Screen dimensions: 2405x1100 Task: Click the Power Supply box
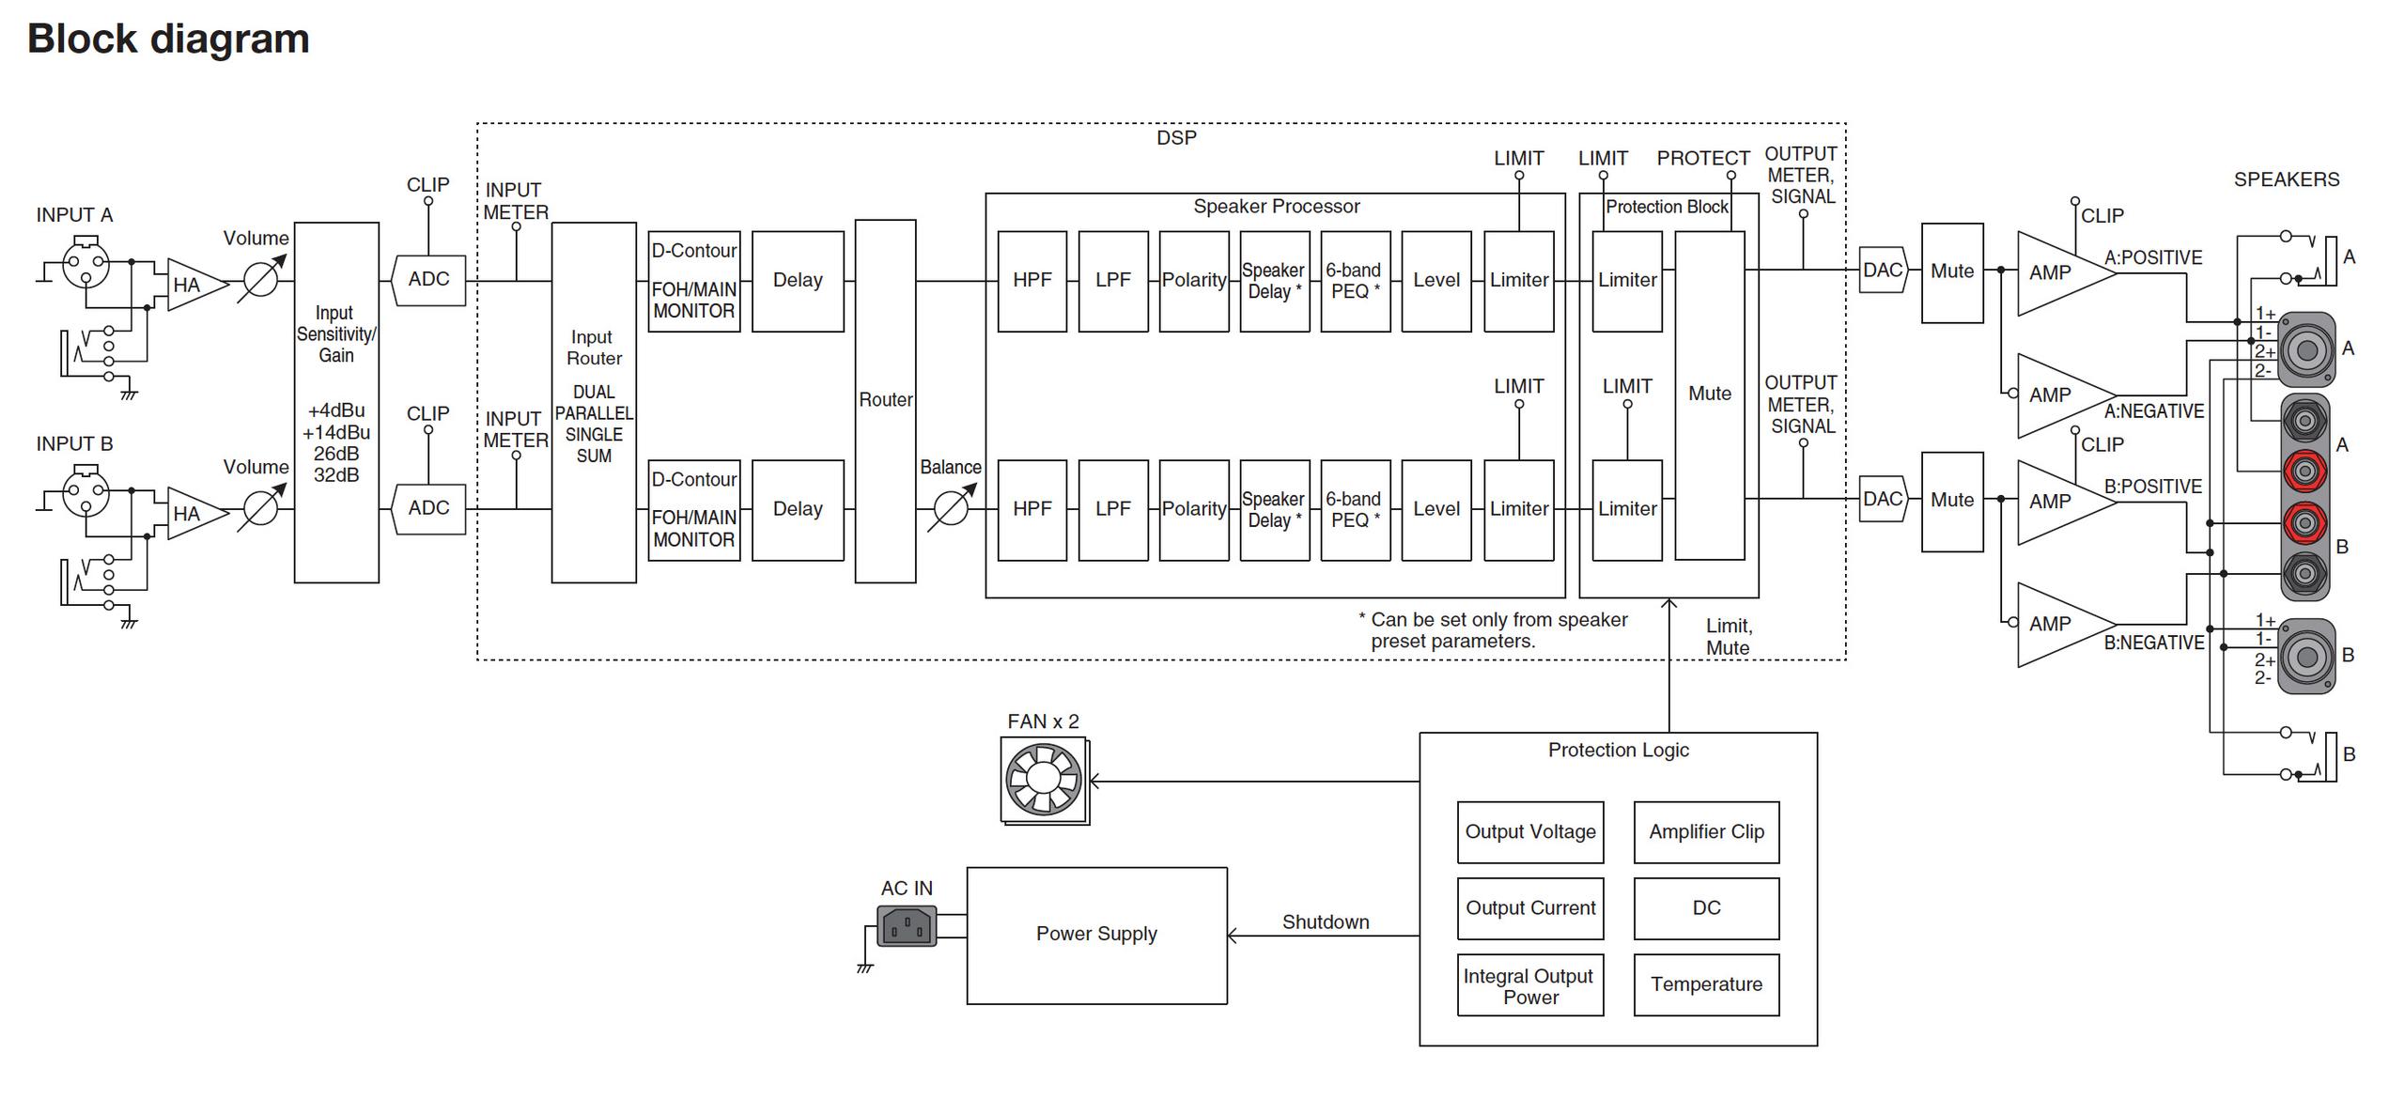1096,936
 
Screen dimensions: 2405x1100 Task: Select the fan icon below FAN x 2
1044,780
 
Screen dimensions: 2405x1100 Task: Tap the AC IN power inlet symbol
907,926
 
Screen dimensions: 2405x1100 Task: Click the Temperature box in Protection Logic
1706,984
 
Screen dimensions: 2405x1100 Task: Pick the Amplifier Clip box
1706,832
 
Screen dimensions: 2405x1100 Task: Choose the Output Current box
1530,908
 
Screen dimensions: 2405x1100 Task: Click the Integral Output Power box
1530,984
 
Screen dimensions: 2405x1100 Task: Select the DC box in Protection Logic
1706,908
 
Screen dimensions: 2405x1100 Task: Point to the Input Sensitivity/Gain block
336,402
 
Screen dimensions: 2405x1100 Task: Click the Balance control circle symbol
951,509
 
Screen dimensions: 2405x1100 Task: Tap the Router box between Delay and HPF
885,401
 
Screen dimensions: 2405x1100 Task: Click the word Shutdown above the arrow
1326,922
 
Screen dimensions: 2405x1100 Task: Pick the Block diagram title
168,39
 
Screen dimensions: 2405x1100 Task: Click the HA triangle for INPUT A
196,285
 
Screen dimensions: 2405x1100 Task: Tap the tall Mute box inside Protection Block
1710,395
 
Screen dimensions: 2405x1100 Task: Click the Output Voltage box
1530,832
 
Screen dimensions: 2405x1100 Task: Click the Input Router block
594,402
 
